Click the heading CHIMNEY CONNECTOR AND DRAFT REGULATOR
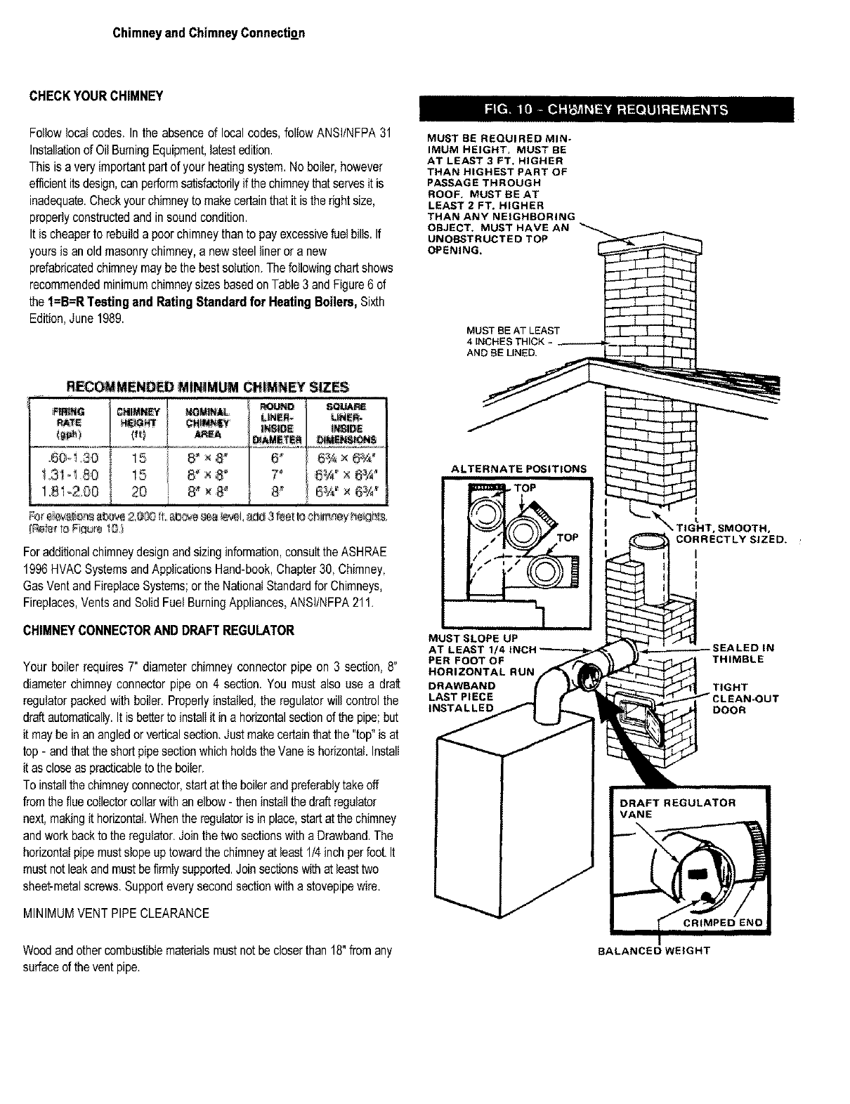(x=161, y=631)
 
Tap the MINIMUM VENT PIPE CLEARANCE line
(x=116, y=913)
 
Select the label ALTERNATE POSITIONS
(x=518, y=468)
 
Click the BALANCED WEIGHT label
(x=653, y=951)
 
